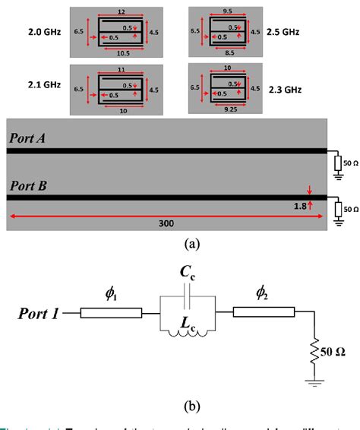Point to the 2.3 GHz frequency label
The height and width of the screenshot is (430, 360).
click(x=285, y=89)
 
